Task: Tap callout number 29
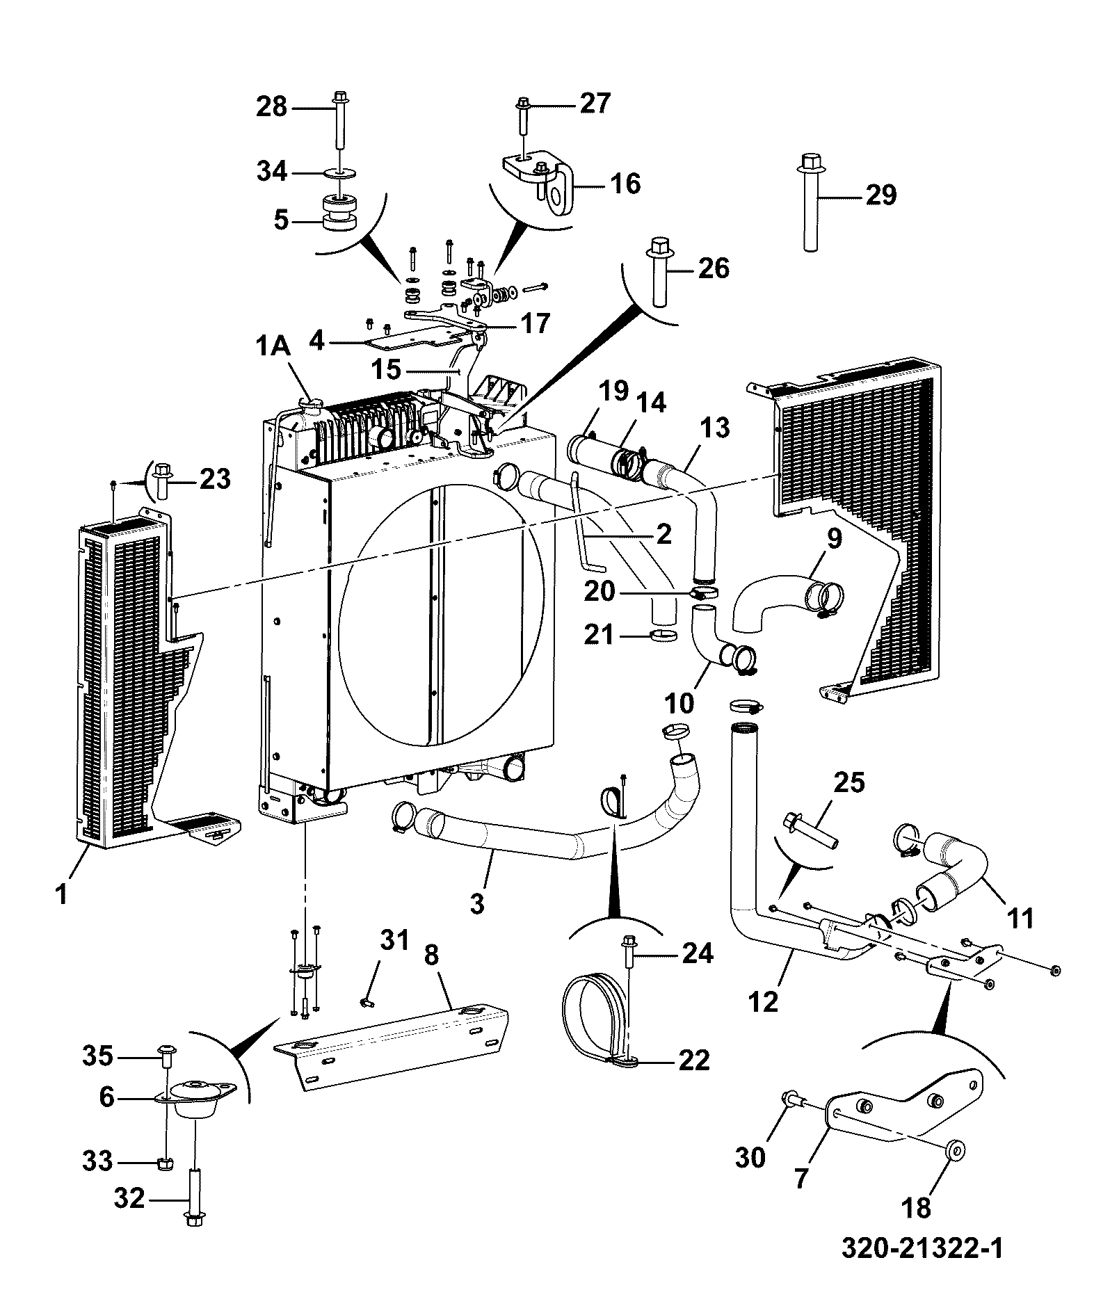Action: click(880, 195)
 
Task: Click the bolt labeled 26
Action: click(659, 271)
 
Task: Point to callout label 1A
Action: click(273, 346)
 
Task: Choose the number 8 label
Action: click(432, 955)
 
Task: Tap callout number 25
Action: click(848, 782)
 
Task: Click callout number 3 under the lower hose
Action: click(476, 905)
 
